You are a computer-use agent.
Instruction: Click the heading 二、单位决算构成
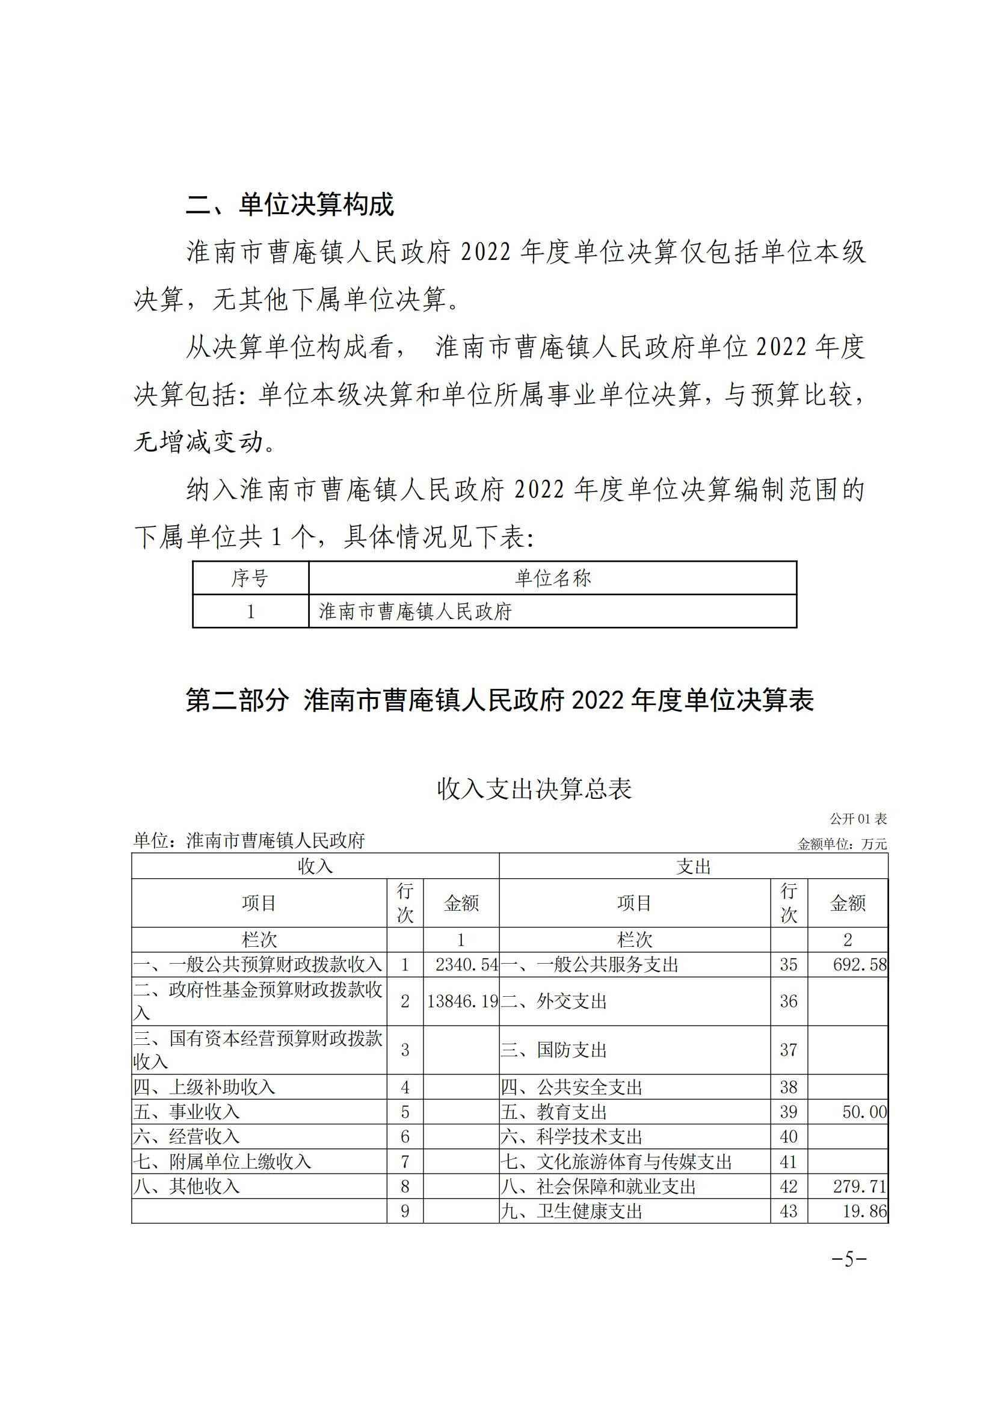289,205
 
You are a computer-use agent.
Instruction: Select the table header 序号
250,578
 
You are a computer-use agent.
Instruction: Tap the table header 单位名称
552,578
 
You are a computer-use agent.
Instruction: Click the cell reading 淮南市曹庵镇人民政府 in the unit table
415,612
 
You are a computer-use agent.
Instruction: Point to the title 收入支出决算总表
534,789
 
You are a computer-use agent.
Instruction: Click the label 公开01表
858,819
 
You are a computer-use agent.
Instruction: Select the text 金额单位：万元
842,844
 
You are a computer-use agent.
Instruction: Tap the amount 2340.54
467,964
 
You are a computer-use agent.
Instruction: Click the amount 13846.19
462,1002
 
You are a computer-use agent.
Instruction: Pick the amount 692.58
859,964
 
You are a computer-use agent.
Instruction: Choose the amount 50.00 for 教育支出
864,1112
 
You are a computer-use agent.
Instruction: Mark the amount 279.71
859,1186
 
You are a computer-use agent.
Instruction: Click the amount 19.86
864,1211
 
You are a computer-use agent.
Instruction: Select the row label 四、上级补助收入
205,1088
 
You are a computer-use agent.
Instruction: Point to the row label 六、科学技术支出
571,1137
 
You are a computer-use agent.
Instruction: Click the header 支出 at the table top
694,866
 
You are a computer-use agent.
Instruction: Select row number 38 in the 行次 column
789,1088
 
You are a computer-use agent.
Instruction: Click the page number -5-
849,1260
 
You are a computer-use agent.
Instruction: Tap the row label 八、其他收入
186,1186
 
